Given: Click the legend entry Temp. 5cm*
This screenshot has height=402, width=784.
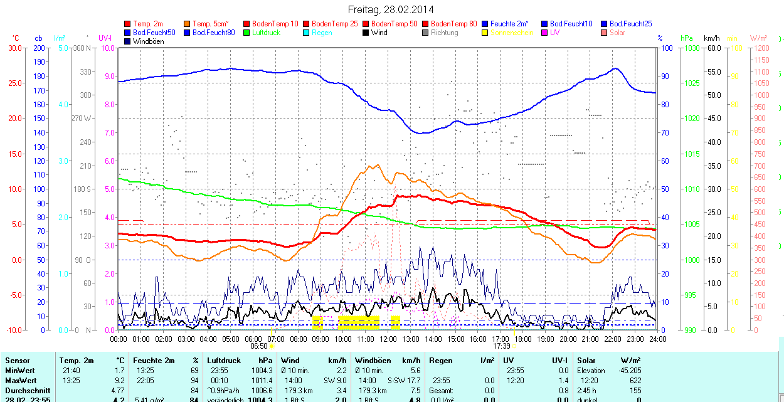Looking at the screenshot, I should [210, 24].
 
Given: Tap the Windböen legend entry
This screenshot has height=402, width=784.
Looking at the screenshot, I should [149, 41].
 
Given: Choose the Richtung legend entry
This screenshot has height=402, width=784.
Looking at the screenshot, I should [444, 33].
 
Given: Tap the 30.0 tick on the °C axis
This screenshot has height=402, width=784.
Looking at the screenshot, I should [14, 48].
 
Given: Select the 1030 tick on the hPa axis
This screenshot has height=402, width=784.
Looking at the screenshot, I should [692, 48].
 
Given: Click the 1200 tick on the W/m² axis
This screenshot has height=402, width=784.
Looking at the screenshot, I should [760, 48].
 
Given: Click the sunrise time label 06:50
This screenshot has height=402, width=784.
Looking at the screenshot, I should [259, 346].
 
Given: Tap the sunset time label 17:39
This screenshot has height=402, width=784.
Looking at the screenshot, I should [501, 346].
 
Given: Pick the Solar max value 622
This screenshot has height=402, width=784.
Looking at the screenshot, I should [635, 381].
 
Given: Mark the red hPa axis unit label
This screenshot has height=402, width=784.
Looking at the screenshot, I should [687, 38].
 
